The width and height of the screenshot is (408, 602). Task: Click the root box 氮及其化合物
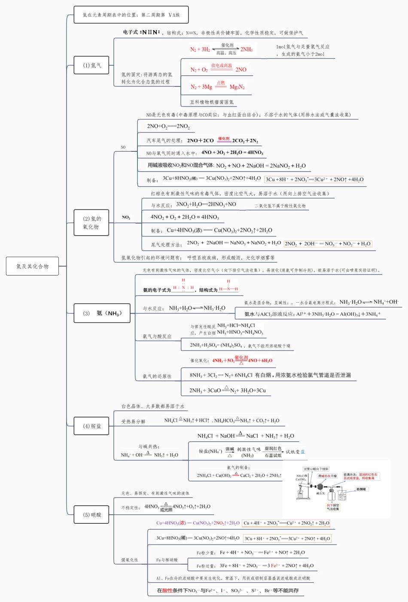(x=32, y=266)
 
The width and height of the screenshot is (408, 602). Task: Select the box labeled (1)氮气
(x=91, y=65)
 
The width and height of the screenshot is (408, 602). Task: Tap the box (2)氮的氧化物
(x=91, y=223)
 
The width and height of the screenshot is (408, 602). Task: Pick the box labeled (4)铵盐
(x=91, y=426)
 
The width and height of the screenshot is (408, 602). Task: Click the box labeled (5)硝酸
(x=91, y=515)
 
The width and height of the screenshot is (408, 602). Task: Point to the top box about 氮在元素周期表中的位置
(x=131, y=15)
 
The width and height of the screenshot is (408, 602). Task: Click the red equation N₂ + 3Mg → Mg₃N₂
(x=217, y=86)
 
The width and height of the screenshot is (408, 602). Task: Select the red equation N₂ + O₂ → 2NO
(x=218, y=69)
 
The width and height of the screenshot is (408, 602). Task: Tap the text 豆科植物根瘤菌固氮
(x=212, y=102)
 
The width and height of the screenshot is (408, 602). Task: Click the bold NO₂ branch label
(x=126, y=217)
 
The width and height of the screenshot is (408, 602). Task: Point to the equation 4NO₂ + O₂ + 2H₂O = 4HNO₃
(x=185, y=217)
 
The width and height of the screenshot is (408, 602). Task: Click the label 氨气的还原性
(x=157, y=376)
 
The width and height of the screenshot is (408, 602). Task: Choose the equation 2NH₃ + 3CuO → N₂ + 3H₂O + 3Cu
(x=228, y=390)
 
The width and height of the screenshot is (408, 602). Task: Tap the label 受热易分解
(x=133, y=421)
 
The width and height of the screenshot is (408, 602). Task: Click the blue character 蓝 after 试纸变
(x=303, y=451)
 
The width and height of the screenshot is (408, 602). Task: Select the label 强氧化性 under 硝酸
(x=130, y=560)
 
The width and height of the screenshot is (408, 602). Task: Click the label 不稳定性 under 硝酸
(x=130, y=507)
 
